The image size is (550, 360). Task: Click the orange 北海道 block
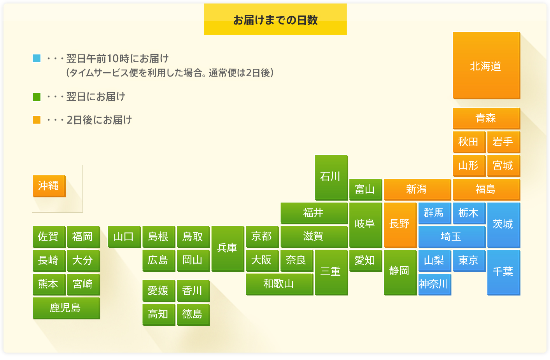487,66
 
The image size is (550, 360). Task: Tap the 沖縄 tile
49,186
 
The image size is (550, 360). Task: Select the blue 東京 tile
469,260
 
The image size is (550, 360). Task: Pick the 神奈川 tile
434,285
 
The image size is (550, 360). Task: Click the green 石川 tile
331,177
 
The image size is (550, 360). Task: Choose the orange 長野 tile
400,225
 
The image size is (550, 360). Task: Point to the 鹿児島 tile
66,308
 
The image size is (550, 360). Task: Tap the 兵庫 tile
228,248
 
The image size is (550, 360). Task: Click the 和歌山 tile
280,284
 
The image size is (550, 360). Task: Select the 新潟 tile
417,189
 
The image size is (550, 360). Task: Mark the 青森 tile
487,118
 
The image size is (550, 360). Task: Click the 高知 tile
159,315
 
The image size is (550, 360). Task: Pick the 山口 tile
124,237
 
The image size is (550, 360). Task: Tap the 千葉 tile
504,273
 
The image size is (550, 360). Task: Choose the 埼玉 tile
452,237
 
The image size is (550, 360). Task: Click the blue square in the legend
37,58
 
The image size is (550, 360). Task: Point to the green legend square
37,97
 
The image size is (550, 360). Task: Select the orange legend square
37,120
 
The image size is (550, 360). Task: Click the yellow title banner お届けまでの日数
275,19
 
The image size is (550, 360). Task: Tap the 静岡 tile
400,273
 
